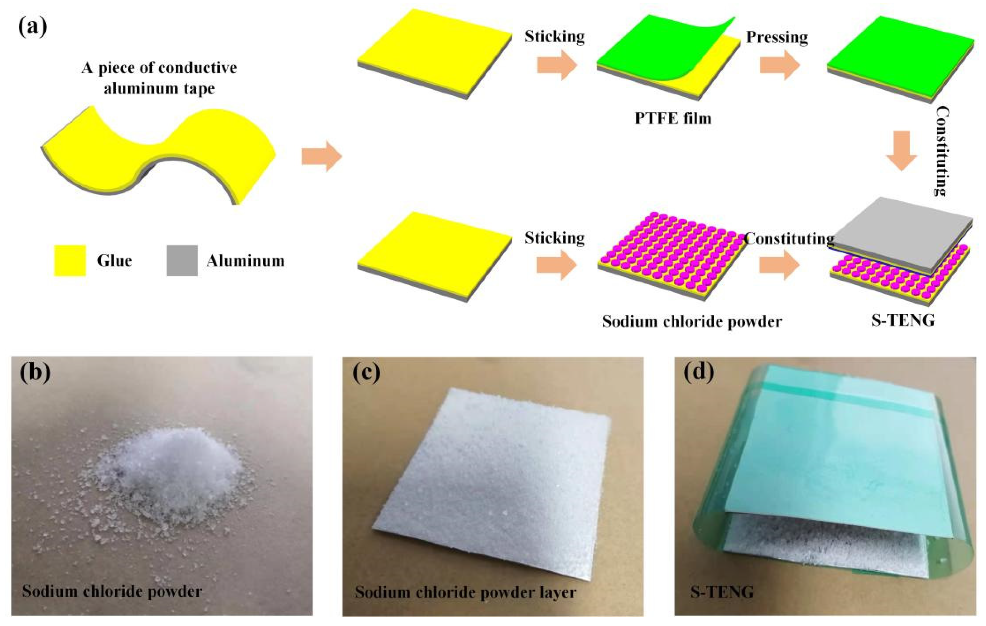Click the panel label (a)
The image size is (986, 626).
(33, 27)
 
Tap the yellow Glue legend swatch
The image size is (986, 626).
(70, 261)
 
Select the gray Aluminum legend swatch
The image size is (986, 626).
(182, 261)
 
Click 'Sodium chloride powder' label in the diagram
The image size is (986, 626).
(692, 322)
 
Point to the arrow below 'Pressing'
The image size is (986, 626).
(780, 66)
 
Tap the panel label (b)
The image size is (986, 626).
(35, 372)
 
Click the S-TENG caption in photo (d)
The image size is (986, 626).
(722, 592)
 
